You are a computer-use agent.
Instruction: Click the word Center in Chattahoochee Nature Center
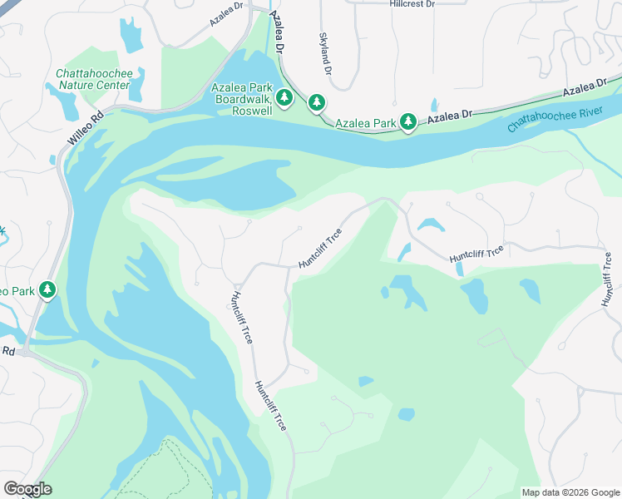tap(112, 85)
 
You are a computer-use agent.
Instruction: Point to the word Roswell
tap(252, 111)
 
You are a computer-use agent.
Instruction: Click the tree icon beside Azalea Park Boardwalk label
tap(284, 98)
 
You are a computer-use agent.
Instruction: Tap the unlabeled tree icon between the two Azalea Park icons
tap(317, 102)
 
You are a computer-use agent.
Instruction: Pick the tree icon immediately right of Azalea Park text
tap(407, 122)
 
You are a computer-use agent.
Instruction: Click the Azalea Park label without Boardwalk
tap(365, 123)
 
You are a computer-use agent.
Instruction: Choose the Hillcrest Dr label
tap(412, 4)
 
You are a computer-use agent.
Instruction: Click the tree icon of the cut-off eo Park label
tap(48, 289)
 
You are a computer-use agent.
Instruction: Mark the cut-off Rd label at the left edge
tap(7, 351)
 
